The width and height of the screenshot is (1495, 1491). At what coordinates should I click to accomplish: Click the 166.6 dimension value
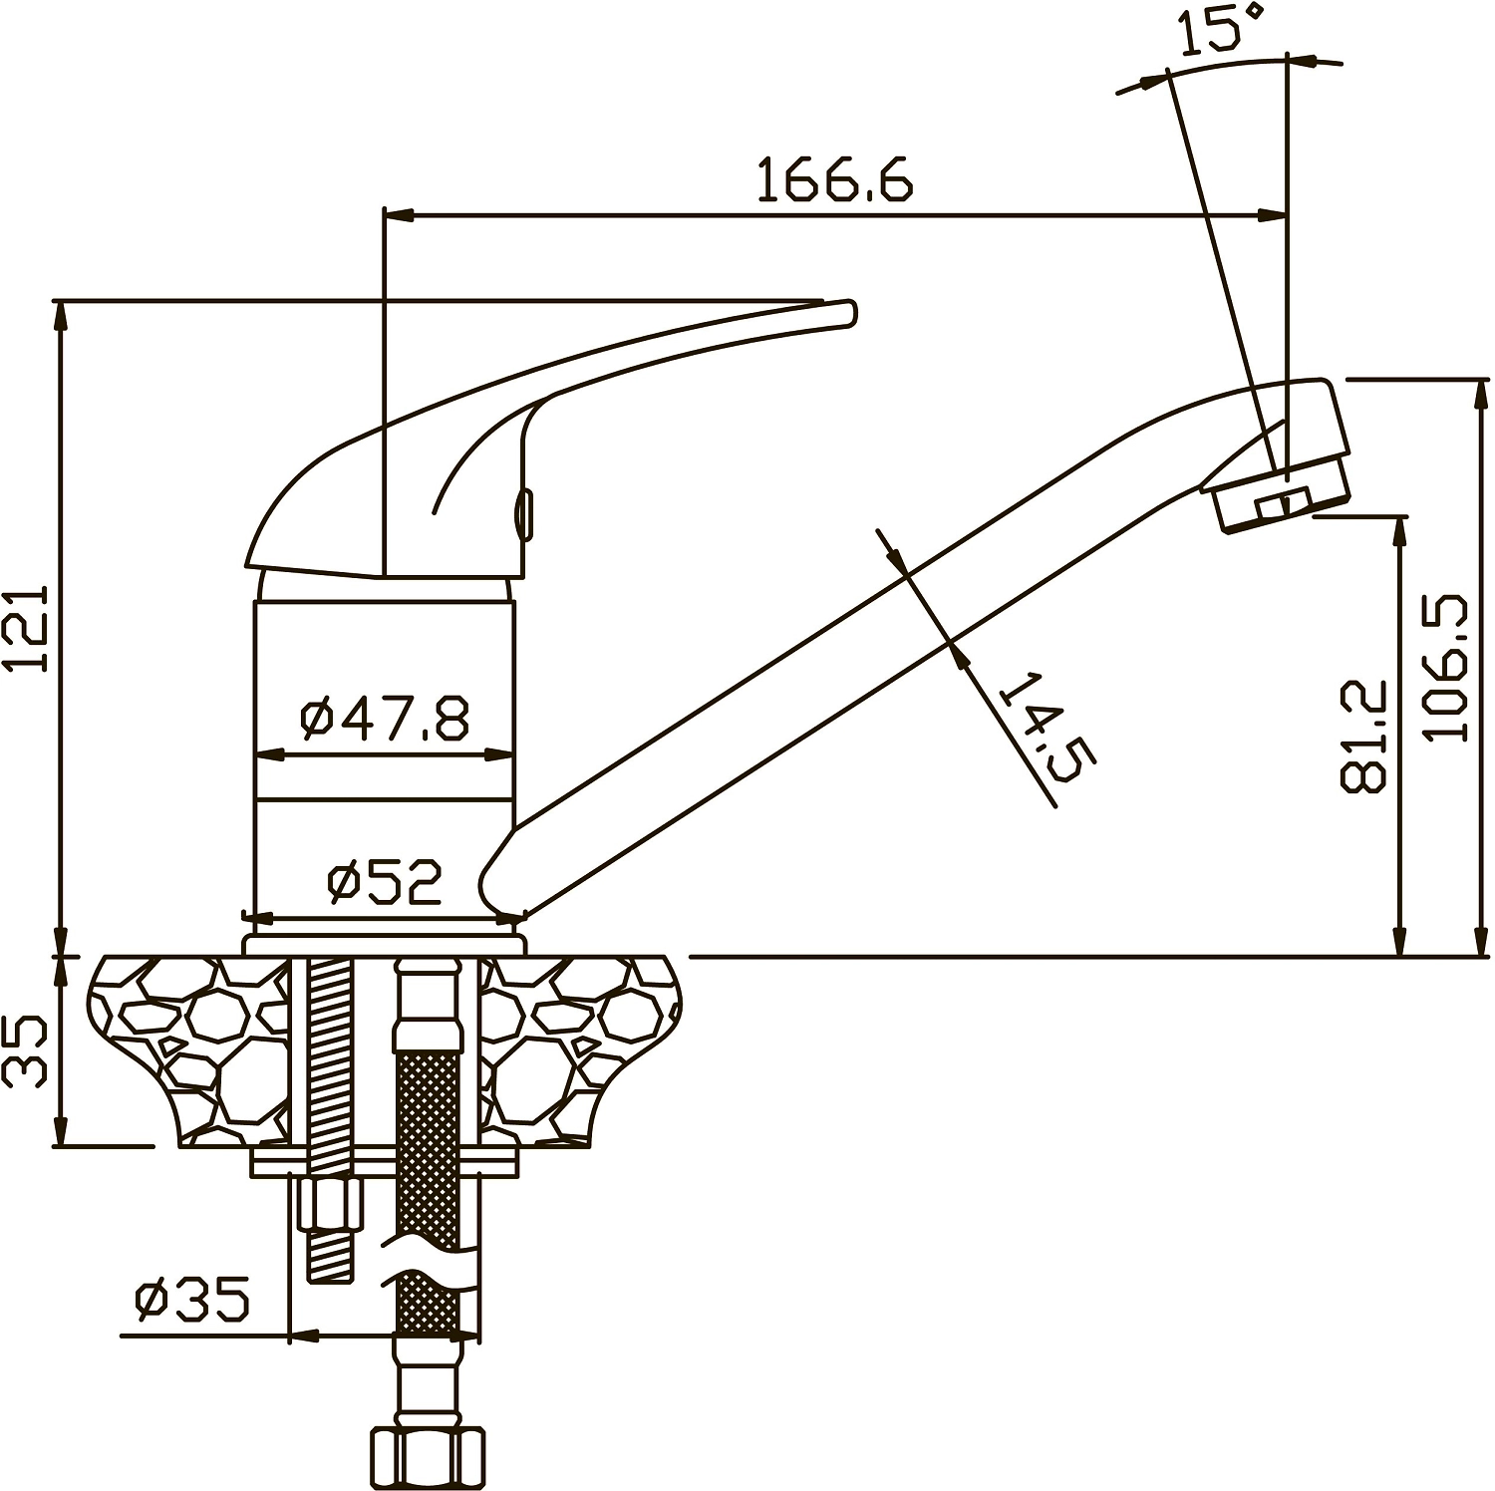tap(834, 180)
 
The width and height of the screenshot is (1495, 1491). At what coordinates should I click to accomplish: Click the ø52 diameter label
tap(385, 882)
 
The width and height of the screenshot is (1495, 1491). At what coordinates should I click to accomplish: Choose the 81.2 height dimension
tap(1363, 737)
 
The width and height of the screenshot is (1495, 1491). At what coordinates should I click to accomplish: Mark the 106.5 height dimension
tap(1447, 667)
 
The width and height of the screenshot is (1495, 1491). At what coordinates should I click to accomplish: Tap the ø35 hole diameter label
tap(192, 1300)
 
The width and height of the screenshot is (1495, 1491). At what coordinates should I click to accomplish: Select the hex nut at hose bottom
tap(428, 1459)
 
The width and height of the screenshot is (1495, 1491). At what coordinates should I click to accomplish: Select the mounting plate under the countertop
tap(385, 1161)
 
